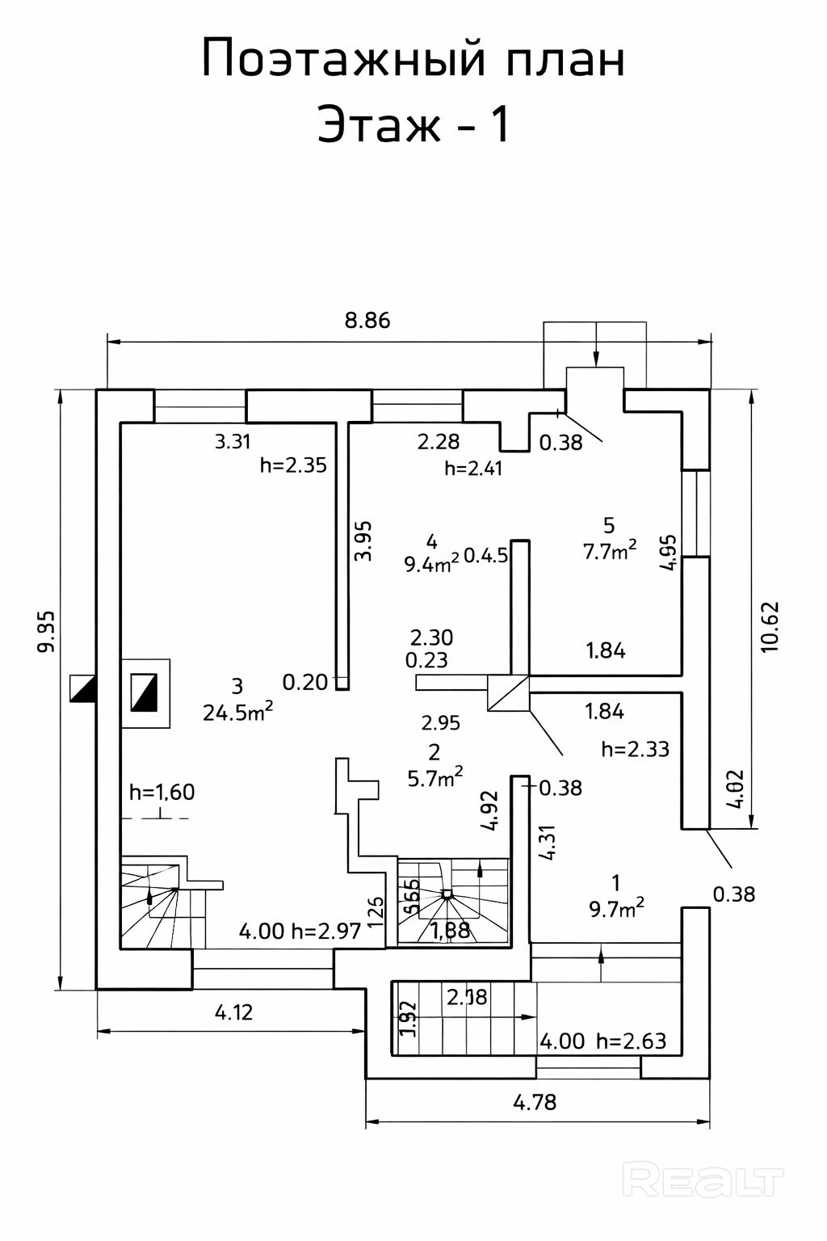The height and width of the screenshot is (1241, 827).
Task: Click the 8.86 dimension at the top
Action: pos(367,321)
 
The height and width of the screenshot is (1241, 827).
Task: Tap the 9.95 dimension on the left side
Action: pos(47,631)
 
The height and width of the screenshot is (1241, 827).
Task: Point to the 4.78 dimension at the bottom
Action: pos(535,1102)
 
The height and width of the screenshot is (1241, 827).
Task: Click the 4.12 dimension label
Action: pos(234,1012)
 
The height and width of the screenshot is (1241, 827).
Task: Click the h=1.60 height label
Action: pos(162,792)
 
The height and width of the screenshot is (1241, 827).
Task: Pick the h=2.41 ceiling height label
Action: pos(473,469)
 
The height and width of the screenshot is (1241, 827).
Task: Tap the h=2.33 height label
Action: pos(636,749)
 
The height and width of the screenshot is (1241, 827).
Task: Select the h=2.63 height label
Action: pos(632,1041)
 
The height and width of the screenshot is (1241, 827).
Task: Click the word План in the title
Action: pos(566,60)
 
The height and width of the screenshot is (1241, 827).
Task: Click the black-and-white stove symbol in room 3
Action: pos(145,692)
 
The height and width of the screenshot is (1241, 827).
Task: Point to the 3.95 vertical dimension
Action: pos(363,541)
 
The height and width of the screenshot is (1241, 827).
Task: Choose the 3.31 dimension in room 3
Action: pos(233,442)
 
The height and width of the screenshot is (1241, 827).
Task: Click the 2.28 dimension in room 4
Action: pos(439,442)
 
